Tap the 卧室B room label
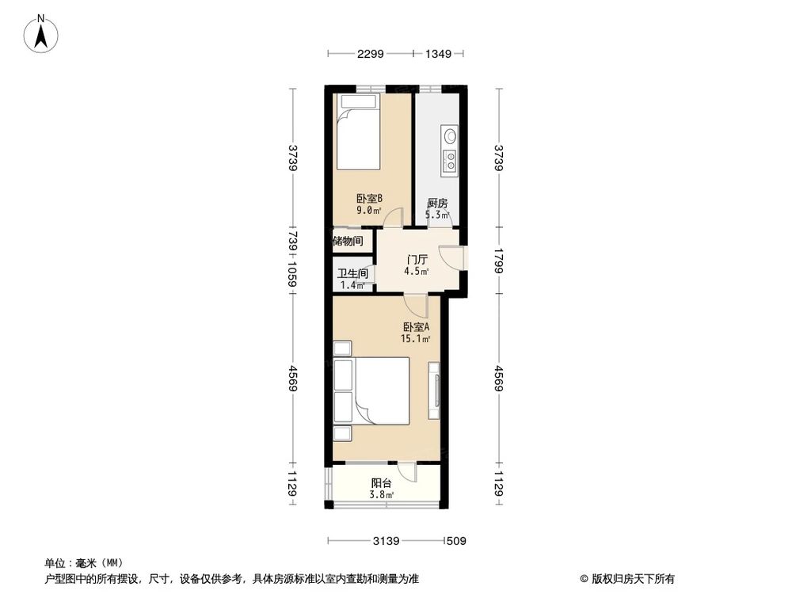tap(369, 199)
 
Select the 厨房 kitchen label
tap(437, 203)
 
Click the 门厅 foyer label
tap(417, 259)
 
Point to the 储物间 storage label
tap(348, 241)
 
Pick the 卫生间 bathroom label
tap(352, 274)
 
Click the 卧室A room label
tap(416, 327)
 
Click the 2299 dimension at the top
tap(370, 55)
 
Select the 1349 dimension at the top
tap(438, 55)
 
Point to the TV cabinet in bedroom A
tap(434, 390)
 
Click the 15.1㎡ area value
tap(416, 339)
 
